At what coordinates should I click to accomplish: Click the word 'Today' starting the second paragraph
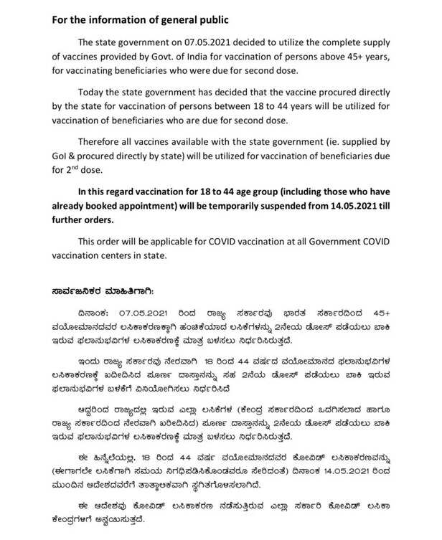(98, 94)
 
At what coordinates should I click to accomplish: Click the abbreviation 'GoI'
(63, 158)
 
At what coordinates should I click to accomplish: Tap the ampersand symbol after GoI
(80, 158)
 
